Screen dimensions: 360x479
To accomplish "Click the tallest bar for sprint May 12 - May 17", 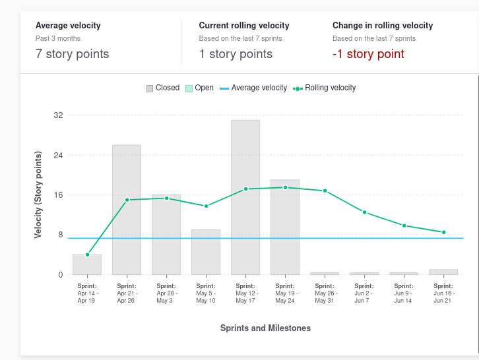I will [x=245, y=197].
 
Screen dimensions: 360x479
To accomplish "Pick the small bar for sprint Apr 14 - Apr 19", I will [x=87, y=264].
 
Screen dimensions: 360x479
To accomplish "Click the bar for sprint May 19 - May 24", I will [x=285, y=227].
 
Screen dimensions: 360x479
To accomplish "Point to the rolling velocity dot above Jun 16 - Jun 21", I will [x=444, y=232].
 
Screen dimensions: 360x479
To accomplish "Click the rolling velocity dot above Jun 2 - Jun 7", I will [x=364, y=212].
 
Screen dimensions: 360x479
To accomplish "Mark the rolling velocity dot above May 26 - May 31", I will [x=325, y=191].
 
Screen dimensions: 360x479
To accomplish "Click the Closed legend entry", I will [x=163, y=88].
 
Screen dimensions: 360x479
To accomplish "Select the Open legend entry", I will [x=199, y=88].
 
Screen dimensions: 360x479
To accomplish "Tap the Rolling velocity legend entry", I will [x=325, y=88].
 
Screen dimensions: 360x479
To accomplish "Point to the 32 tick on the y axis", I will [x=58, y=115].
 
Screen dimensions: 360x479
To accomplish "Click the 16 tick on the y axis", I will [x=58, y=195].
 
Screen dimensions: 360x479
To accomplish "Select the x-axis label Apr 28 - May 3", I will [x=166, y=293].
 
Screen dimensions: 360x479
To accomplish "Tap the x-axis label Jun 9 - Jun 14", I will [x=404, y=293].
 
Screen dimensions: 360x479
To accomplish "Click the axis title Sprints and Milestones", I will [x=265, y=328].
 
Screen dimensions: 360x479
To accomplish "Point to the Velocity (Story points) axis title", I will [x=38, y=195].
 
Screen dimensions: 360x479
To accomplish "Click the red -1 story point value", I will [x=368, y=54].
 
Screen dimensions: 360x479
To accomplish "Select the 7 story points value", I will [x=73, y=54].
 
